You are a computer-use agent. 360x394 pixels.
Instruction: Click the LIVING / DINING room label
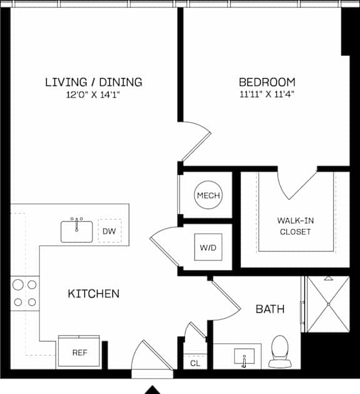click(94, 82)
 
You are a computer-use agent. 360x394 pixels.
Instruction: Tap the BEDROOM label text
click(267, 82)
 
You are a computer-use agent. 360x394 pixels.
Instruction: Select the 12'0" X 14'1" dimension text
click(93, 95)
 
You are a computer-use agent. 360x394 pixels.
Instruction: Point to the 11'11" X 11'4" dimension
click(267, 94)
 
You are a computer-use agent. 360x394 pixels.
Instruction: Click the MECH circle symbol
click(208, 195)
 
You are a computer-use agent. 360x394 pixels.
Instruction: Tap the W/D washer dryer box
click(208, 247)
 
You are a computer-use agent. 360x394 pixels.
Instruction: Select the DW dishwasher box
click(109, 231)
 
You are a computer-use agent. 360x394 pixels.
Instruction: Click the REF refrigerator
click(79, 352)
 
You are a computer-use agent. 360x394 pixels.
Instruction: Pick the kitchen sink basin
click(77, 232)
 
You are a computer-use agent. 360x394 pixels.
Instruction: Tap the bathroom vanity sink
click(244, 357)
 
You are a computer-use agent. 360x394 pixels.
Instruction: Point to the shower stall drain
click(328, 304)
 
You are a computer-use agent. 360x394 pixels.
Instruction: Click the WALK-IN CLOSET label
click(296, 226)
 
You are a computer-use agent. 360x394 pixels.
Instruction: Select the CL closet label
click(195, 363)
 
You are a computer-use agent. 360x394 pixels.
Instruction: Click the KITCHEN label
click(94, 293)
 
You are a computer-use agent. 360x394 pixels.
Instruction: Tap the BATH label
click(270, 309)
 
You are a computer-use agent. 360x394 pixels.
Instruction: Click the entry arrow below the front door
click(152, 390)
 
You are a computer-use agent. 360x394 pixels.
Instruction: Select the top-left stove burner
click(18, 285)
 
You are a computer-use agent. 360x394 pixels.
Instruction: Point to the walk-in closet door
click(302, 185)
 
